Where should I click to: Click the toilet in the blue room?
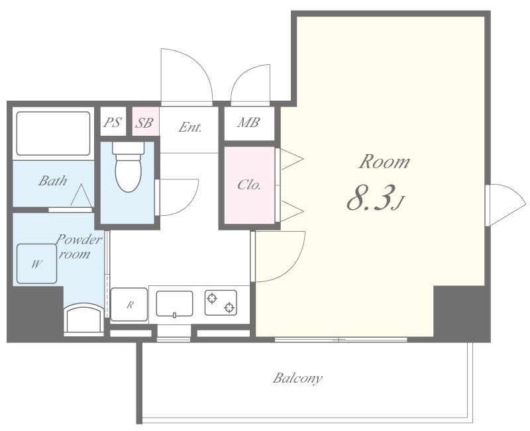pos(128,166)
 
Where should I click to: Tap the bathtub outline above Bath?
pos(53,134)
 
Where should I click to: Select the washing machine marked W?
pos(36,263)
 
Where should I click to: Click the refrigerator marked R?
pos(129,305)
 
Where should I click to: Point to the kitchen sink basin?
pos(174,304)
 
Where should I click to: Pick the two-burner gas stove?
pos(221,303)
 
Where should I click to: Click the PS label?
pos(112,122)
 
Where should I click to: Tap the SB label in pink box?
pos(144,122)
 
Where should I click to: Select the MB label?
pos(248,122)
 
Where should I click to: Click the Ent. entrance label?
pos(190,127)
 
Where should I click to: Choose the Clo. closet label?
pos(249,185)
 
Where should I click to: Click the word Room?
pos(384,162)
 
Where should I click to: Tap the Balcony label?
pos(297,378)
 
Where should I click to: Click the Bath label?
pos(53,180)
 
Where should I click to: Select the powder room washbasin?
pos(84,318)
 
